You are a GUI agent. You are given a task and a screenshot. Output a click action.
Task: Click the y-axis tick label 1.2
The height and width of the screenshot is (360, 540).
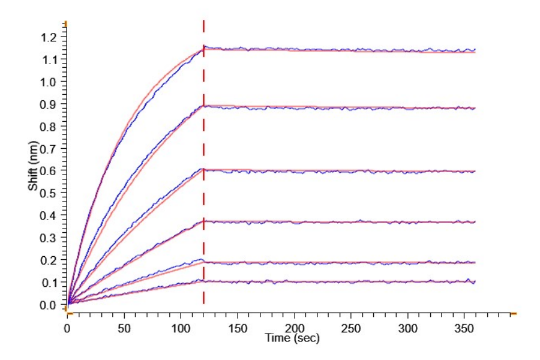(50, 37)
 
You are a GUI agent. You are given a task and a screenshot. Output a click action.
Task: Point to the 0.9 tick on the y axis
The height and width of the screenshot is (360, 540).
(50, 104)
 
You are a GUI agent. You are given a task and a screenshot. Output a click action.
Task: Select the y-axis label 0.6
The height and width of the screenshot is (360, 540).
(50, 170)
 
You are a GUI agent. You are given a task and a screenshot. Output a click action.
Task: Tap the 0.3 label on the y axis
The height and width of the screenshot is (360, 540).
(50, 238)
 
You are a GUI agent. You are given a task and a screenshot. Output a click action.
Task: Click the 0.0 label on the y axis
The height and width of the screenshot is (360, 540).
(50, 304)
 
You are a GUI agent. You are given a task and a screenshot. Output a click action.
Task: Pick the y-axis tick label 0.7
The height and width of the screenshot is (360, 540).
(50, 148)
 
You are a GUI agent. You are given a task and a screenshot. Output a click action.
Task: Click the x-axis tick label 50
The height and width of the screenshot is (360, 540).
(124, 329)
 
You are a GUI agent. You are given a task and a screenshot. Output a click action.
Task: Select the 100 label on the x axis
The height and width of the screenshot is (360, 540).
(181, 329)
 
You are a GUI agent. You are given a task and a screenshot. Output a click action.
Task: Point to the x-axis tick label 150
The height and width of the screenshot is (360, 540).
(238, 329)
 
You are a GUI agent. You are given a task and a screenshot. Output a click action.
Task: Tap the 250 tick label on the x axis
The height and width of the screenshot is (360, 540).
(351, 329)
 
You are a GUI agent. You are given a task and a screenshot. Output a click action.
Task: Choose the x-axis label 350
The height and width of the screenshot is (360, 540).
(464, 329)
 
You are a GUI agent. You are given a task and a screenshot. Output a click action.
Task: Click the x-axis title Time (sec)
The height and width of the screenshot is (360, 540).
(292, 338)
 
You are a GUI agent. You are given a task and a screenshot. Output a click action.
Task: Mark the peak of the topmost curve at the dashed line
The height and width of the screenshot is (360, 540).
(204, 47)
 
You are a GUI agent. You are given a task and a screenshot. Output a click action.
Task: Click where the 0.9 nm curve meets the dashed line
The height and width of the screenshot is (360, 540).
(204, 106)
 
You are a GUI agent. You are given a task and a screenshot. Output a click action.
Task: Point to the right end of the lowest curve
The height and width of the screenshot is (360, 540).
(475, 281)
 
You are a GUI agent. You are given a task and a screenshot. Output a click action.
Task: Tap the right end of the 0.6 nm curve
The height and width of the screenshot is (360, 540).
(475, 172)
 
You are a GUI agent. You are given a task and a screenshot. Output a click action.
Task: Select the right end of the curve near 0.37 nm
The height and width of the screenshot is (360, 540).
(475, 222)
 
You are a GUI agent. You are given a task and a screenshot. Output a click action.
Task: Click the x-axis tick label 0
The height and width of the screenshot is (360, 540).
(67, 329)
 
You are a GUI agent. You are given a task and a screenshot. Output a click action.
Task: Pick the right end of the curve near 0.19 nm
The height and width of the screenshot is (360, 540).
(475, 262)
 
